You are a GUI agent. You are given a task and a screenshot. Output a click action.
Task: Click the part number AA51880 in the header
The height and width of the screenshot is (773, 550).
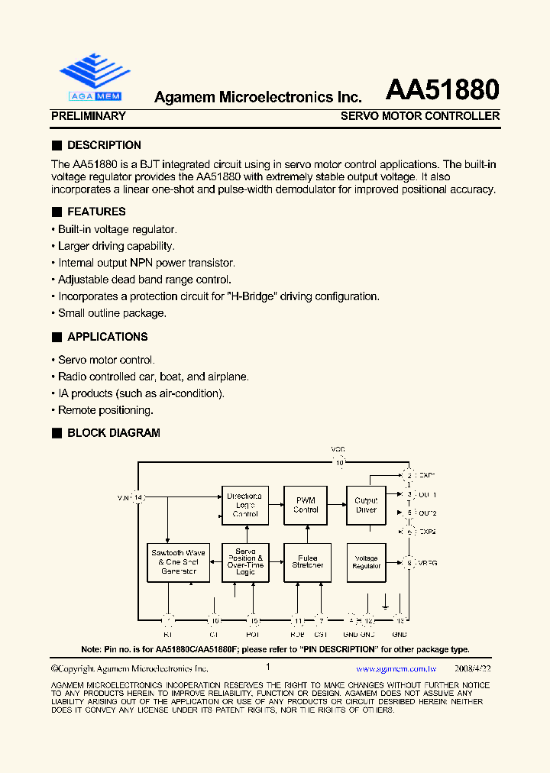[442, 90]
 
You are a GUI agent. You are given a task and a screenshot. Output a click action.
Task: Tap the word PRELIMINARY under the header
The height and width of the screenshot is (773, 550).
[88, 116]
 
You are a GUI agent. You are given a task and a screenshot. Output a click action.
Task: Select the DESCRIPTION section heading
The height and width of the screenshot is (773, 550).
[104, 145]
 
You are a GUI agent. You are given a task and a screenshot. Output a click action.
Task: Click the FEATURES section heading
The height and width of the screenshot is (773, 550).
[96, 212]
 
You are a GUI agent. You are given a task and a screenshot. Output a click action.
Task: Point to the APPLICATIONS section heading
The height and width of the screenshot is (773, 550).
[107, 337]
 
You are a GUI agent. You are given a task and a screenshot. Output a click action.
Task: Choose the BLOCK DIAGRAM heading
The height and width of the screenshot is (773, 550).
[113, 433]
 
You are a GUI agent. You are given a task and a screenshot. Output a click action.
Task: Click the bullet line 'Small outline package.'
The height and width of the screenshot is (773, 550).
[112, 313]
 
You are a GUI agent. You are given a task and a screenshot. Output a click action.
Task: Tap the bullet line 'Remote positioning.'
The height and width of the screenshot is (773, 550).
[106, 410]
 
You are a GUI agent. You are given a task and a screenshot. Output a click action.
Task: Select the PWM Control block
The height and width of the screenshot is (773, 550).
[306, 505]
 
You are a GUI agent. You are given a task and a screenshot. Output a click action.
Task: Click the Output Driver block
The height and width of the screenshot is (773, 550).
[366, 505]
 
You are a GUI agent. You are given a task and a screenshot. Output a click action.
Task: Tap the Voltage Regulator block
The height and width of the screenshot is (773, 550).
[366, 561]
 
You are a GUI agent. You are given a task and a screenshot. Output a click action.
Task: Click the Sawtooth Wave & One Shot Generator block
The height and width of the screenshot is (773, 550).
[179, 561]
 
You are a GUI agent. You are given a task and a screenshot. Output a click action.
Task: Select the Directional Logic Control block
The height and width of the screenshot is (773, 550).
[245, 505]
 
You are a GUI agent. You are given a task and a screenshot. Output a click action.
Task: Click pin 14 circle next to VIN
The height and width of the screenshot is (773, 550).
[138, 498]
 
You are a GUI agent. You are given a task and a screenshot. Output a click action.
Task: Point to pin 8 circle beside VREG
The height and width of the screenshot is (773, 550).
[409, 563]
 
